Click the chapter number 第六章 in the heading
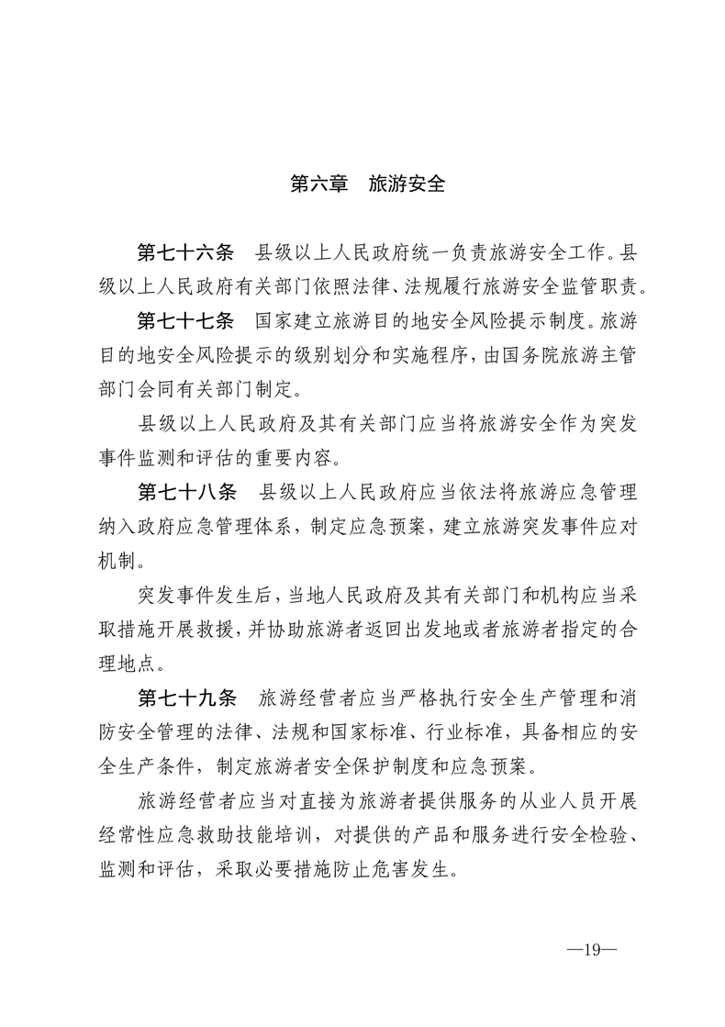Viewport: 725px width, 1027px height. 318,184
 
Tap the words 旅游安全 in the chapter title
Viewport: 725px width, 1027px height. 406,184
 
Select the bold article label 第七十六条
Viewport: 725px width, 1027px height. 186,251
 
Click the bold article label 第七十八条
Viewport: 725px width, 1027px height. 186,491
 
